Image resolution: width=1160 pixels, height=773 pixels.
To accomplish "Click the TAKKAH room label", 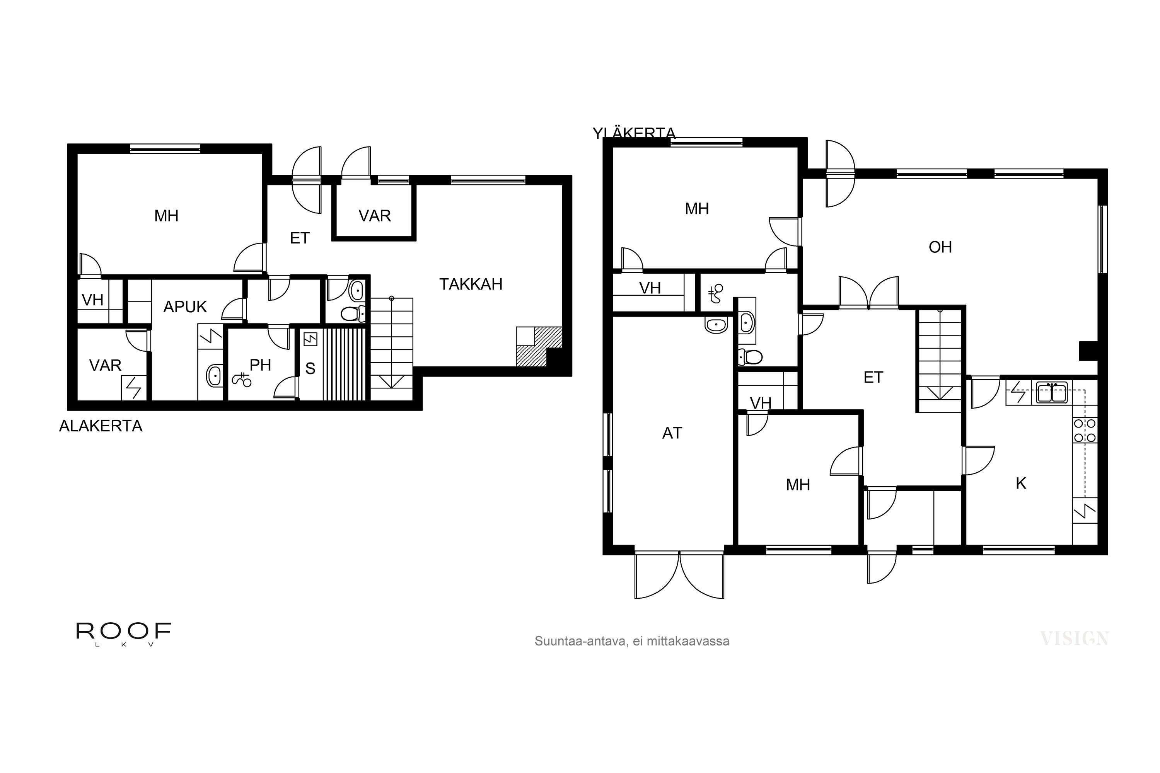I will click(471, 284).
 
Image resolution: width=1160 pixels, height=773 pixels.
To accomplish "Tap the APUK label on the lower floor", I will click(185, 307).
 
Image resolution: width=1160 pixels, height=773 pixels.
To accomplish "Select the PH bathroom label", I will click(260, 365).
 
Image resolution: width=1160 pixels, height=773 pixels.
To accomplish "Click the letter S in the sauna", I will click(310, 369).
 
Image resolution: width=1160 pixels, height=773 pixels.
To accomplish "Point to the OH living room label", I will click(940, 247).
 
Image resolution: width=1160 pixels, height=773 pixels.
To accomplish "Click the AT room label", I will click(672, 433).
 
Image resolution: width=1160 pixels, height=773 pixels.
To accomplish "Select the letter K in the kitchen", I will click(1020, 484).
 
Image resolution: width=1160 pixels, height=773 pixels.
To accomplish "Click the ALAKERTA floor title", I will click(101, 426).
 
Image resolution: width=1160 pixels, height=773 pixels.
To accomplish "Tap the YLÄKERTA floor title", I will click(634, 133).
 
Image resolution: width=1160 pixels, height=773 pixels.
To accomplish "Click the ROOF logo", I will click(123, 632).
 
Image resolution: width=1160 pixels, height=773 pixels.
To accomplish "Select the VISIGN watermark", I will click(1074, 639).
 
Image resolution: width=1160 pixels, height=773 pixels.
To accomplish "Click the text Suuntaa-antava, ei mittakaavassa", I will click(632, 641).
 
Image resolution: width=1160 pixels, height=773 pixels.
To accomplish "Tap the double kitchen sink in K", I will click(1052, 393).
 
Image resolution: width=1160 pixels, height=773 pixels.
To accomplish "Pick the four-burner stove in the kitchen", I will click(1085, 431).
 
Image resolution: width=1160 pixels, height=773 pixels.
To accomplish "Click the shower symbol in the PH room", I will click(241, 380).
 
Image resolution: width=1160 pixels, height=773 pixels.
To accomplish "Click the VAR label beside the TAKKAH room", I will click(374, 216).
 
